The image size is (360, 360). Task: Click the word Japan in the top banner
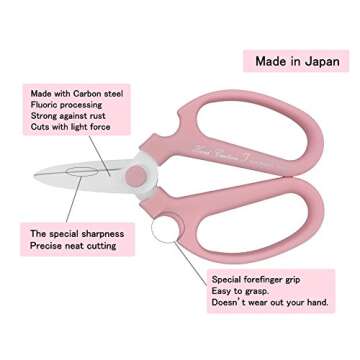[x=317, y=62]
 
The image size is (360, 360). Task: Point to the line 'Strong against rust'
[x=69, y=115]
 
